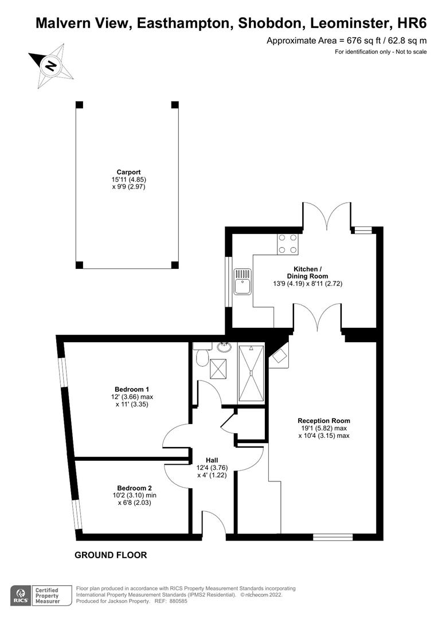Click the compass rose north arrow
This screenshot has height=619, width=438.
pos(50,65)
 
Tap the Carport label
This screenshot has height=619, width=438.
pos(128,172)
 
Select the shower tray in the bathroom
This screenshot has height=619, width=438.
pos(251,374)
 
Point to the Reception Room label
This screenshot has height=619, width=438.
pos(324,421)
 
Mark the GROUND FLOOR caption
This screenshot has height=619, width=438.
pos(111,555)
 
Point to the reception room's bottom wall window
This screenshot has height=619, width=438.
pos(333,537)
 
